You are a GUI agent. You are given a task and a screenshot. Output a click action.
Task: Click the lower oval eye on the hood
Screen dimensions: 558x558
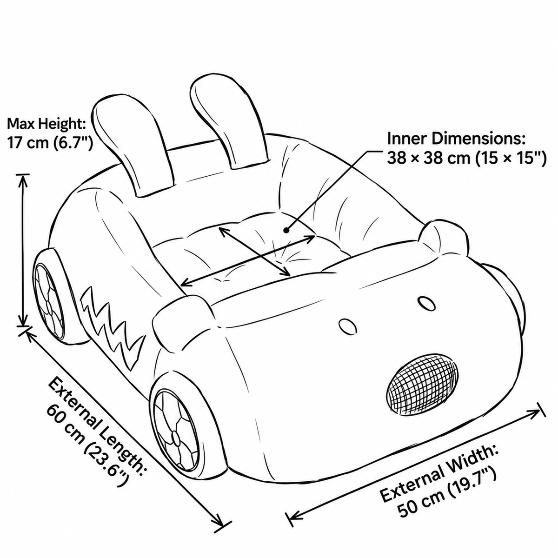coord(348,327)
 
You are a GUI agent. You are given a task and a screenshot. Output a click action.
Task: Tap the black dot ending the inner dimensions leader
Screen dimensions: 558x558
coord(286,230)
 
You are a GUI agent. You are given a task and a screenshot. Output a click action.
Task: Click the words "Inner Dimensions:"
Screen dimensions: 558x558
coord(456,139)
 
